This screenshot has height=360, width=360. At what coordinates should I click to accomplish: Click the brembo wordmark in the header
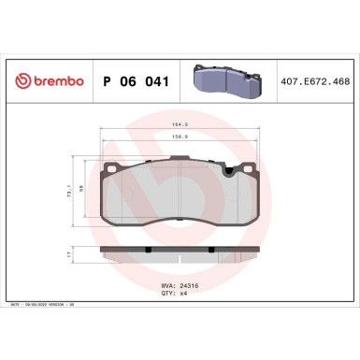52,80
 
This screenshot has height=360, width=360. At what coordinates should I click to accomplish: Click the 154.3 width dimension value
180,124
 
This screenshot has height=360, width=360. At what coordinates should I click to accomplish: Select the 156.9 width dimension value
180,137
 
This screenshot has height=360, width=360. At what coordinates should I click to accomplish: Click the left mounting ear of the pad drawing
112,168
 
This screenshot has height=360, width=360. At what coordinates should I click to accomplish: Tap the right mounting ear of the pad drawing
245,168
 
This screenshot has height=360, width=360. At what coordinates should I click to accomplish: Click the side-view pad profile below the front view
180,252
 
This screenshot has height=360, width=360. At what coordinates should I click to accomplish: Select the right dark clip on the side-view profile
212,248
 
